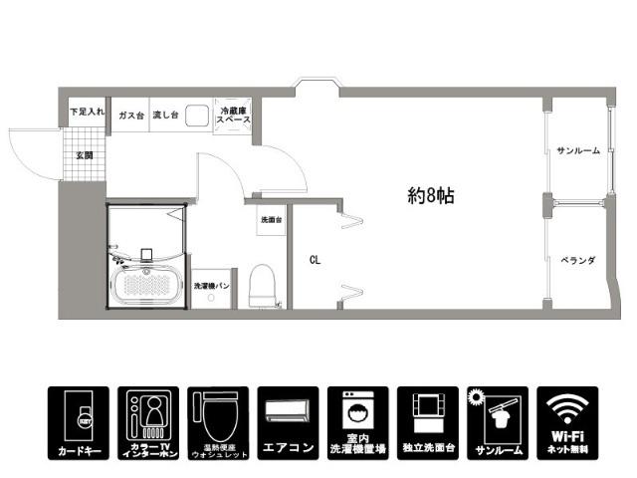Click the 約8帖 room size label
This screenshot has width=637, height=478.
click(431, 196)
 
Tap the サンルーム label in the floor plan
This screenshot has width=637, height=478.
click(577, 150)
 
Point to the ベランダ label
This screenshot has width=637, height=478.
click(577, 260)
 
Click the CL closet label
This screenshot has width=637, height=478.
click(315, 261)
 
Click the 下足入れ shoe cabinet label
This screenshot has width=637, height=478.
click(87, 114)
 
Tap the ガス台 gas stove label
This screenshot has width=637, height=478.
click(130, 116)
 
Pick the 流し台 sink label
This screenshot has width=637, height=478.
click(164, 116)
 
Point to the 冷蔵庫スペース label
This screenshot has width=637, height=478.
click(234, 115)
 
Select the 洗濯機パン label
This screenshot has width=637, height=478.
click(212, 287)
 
